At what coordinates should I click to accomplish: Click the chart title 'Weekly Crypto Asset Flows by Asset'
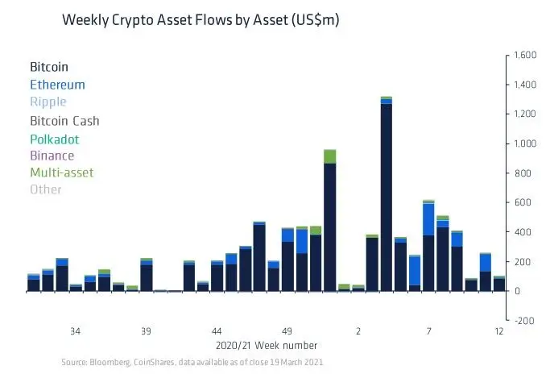point(201,21)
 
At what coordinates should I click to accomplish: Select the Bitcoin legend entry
point(49,66)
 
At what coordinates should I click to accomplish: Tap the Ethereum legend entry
point(57,84)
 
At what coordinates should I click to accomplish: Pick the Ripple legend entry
point(48,102)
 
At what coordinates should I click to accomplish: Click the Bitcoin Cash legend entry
point(64,121)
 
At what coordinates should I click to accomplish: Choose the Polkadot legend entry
point(55,139)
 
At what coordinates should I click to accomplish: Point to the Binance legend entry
point(52,156)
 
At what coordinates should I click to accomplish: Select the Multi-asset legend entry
point(61,172)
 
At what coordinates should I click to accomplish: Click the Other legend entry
point(45,190)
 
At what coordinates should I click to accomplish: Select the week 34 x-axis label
point(76,331)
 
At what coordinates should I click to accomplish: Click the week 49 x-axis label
point(287,331)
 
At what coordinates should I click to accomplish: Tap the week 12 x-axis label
point(499,331)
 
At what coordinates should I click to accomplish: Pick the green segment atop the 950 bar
point(329,156)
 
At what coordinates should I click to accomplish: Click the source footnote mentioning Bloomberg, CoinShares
point(192,364)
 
